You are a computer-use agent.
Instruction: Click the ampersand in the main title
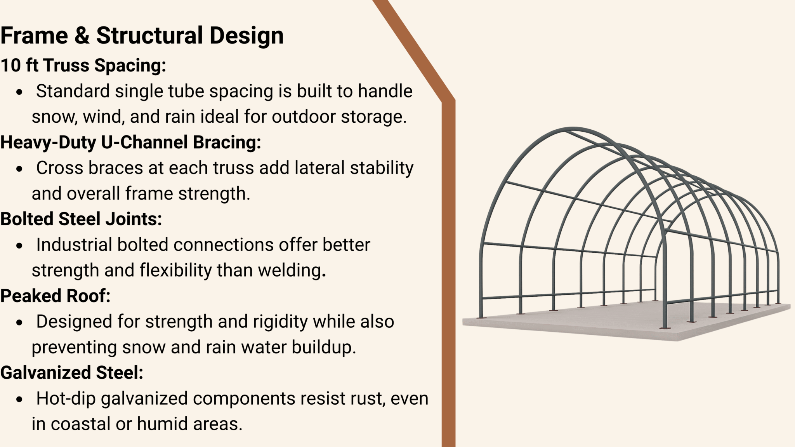82,36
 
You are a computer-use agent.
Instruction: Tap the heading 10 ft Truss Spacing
83,65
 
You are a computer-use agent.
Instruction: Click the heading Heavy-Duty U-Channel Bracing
130,142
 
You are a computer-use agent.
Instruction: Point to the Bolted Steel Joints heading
81,219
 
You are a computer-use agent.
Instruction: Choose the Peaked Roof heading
56,296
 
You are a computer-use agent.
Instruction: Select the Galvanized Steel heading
72,373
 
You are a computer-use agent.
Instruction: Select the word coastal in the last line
80,424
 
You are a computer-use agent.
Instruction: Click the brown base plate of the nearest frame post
665,329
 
